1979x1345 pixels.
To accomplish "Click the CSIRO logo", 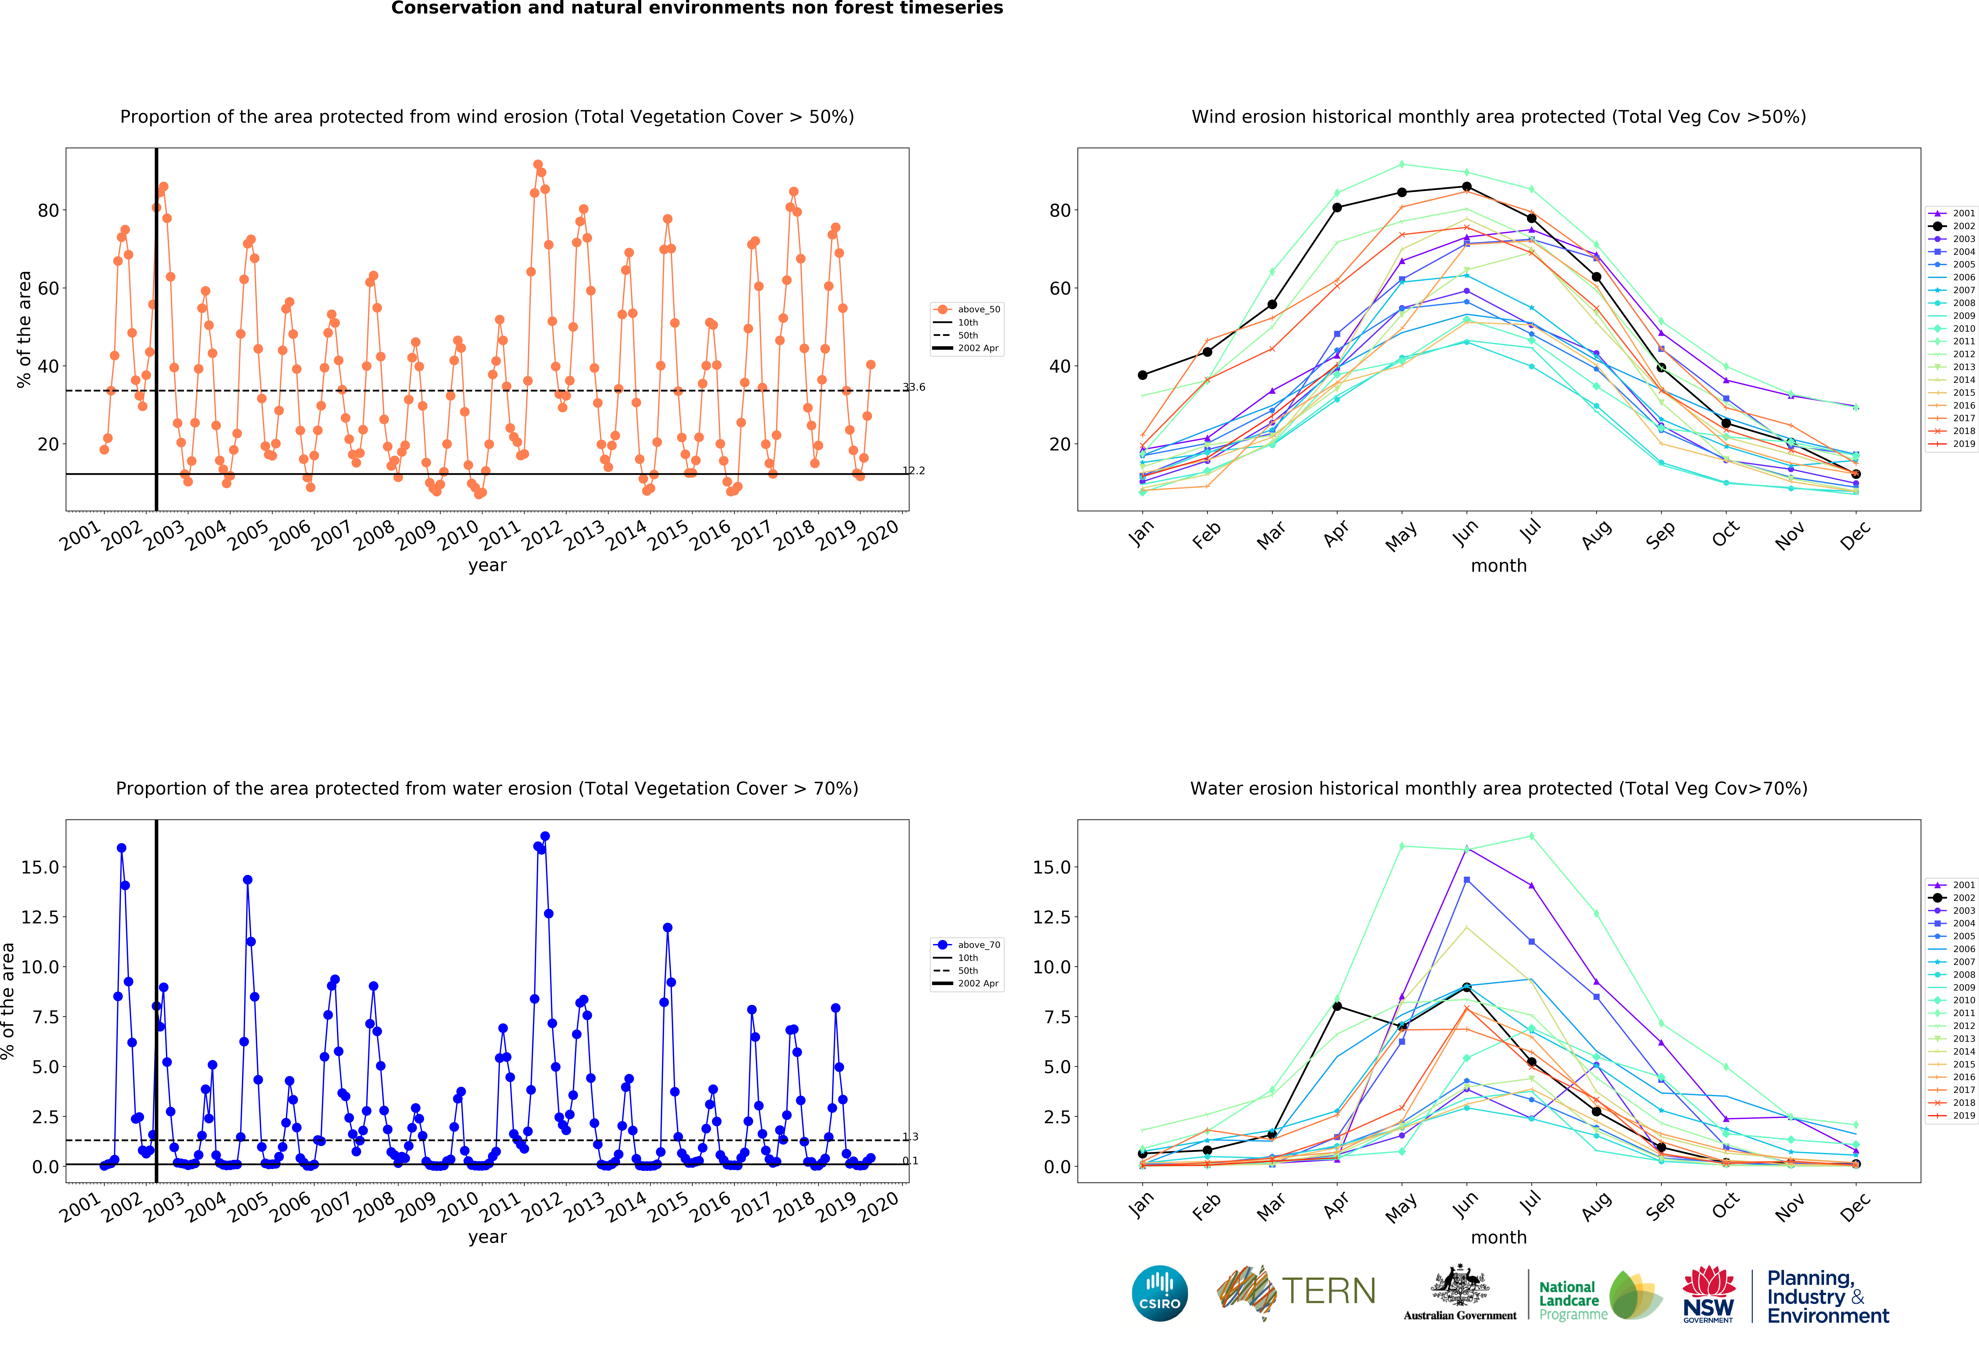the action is point(1160,1293).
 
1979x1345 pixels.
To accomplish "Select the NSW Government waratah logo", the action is point(1708,1293).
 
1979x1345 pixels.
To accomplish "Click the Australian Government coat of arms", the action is point(1460,1286).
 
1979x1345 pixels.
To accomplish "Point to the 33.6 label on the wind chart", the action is point(914,387).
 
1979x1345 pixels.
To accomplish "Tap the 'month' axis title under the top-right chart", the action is point(1499,566).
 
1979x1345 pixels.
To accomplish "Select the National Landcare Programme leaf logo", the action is point(1635,1295).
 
